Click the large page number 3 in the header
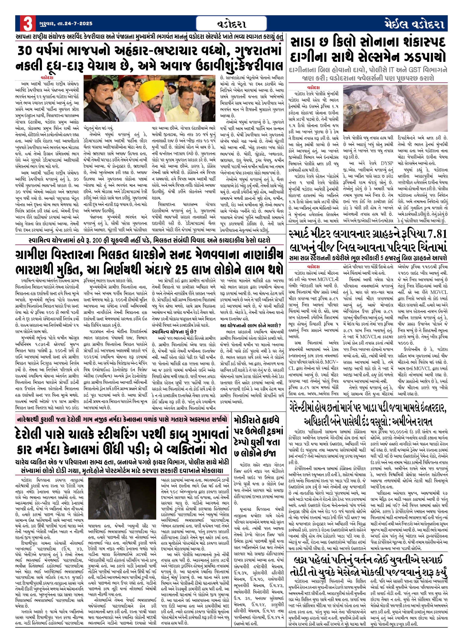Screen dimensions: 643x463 tap(28, 24)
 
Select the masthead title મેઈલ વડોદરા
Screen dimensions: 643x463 tap(415, 24)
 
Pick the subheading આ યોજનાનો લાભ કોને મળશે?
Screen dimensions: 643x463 tap(251, 325)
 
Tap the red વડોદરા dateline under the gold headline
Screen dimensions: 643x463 tap(313, 88)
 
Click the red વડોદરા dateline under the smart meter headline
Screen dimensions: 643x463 tap(313, 267)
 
